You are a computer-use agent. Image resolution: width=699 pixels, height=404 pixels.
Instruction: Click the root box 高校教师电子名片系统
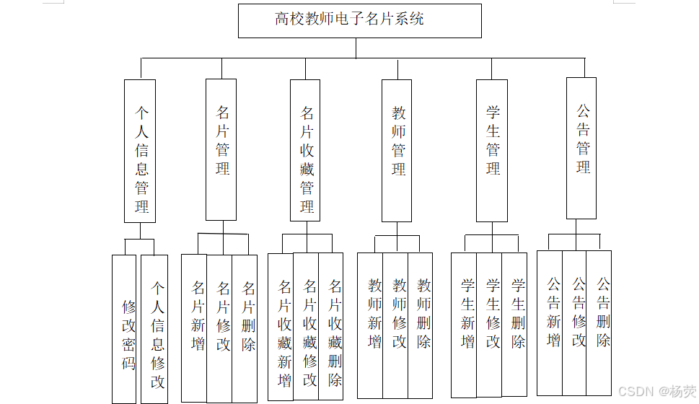[x=359, y=20]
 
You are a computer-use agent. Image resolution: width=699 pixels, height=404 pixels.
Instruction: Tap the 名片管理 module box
[x=221, y=149]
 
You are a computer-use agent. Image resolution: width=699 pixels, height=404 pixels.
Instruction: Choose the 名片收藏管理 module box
[x=305, y=149]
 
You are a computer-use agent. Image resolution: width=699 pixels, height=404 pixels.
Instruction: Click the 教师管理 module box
[x=397, y=150]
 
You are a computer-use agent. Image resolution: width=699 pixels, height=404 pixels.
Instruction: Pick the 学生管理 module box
[x=492, y=150]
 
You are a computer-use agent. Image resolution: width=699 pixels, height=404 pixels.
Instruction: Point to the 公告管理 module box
[x=581, y=148]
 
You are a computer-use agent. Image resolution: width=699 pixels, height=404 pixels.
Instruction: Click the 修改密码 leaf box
[x=125, y=329]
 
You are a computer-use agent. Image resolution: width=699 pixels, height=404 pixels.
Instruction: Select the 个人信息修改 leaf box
[x=155, y=329]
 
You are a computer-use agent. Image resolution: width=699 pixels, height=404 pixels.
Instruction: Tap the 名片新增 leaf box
[x=194, y=328]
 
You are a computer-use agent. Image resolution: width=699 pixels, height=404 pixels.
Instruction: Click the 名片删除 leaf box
[x=245, y=328]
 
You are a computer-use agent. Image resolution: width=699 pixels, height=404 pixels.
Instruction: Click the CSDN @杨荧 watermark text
[x=657, y=392]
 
